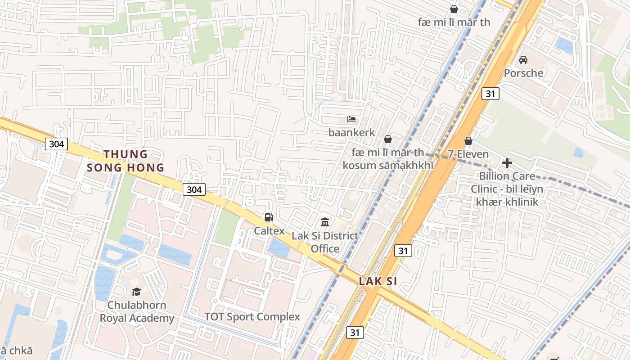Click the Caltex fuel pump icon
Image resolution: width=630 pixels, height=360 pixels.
click(x=269, y=217)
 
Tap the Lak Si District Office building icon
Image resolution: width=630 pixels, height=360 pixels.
click(x=325, y=222)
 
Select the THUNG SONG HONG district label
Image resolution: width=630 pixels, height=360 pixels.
click(x=126, y=161)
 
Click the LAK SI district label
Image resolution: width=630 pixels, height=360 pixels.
click(x=378, y=282)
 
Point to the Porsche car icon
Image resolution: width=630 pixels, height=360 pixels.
click(x=523, y=59)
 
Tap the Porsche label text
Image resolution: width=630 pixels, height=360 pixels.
click(x=523, y=73)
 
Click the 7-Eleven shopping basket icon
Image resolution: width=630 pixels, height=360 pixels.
click(x=468, y=141)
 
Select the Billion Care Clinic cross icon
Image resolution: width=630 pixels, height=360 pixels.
click(x=507, y=162)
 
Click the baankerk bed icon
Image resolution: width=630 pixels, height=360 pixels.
click(x=351, y=119)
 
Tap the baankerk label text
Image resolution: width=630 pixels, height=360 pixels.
click(x=351, y=133)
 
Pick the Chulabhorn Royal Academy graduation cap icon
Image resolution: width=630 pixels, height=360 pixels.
click(x=136, y=292)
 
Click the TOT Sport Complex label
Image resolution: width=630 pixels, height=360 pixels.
click(x=252, y=317)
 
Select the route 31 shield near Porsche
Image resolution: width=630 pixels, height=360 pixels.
click(x=490, y=94)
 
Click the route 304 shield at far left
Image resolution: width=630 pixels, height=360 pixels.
click(x=56, y=144)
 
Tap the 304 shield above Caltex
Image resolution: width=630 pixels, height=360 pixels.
click(x=194, y=189)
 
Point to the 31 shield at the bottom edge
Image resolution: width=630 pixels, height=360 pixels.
click(x=355, y=333)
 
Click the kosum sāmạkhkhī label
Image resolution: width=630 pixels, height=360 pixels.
click(x=388, y=165)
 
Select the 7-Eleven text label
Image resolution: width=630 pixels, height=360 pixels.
click(x=468, y=154)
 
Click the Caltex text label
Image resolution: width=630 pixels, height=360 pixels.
click(x=269, y=231)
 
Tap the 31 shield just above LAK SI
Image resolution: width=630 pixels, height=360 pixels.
click(x=403, y=251)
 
